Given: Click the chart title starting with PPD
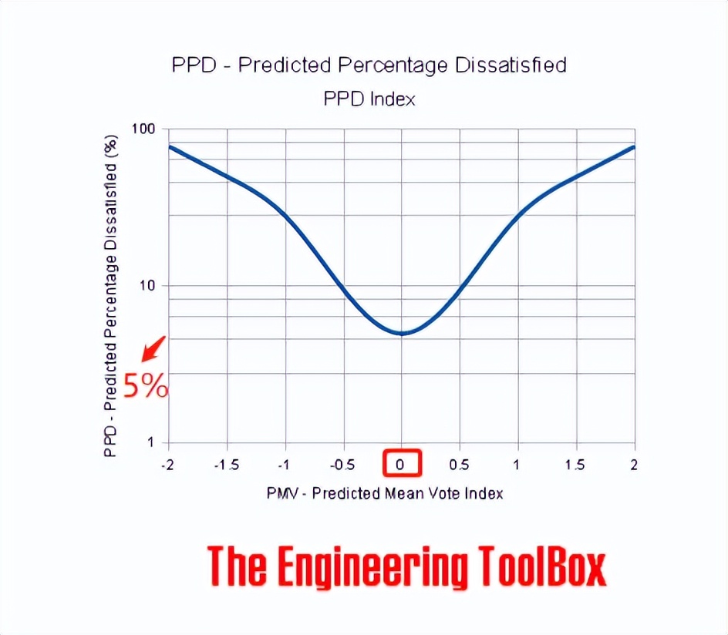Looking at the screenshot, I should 369,65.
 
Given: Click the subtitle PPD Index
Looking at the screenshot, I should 369,99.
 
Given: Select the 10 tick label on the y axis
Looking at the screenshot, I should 146,286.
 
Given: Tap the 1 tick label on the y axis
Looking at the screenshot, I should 150,443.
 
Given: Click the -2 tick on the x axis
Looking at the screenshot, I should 167,465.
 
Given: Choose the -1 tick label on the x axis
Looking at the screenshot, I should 285,465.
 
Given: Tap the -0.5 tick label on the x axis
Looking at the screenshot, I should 342,465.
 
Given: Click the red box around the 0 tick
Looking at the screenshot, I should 402,464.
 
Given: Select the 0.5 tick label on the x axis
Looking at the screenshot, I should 460,465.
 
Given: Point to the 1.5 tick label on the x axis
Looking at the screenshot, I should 575,465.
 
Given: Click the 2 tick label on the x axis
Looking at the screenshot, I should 635,465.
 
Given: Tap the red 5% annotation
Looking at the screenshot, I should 144,385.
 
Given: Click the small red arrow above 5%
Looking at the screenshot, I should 153,349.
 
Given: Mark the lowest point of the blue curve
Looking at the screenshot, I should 402,334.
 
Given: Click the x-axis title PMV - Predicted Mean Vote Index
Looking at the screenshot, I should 385,492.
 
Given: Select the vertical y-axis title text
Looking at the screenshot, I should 111,297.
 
